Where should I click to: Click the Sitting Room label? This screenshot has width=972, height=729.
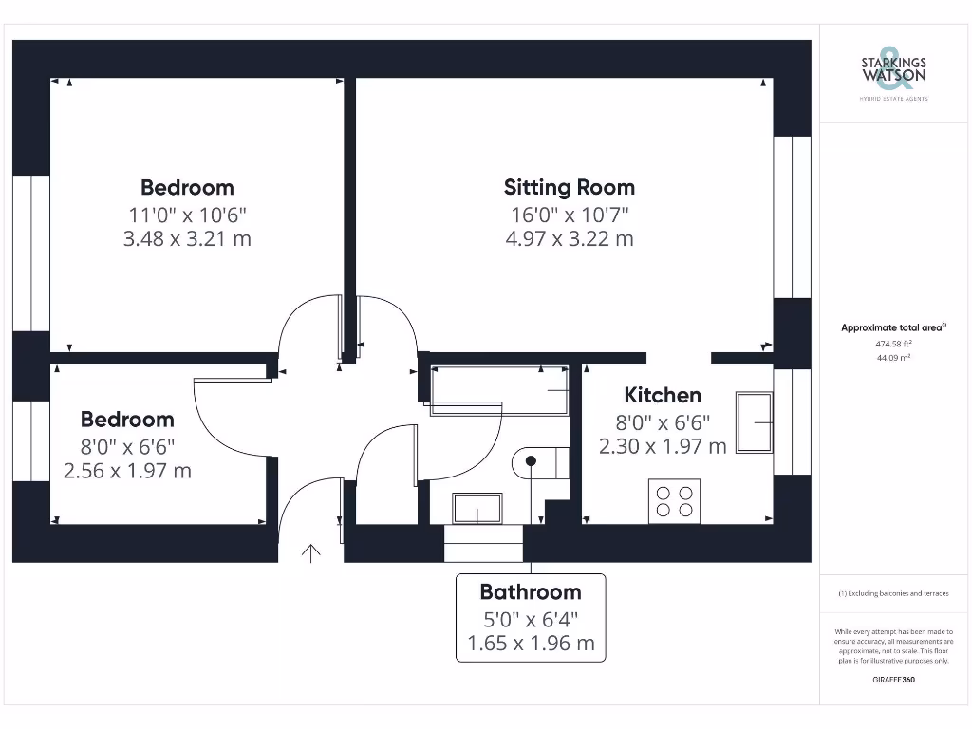point(569,187)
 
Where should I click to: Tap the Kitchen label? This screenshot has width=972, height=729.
point(663,395)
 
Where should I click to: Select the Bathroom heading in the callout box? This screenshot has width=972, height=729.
point(530,592)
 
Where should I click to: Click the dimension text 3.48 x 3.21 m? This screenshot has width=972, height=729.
point(187,238)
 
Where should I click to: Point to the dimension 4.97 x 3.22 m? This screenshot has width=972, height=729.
point(569,238)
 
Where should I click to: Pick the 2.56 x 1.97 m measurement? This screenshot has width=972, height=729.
point(127,470)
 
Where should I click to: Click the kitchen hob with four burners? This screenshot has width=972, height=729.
point(674,501)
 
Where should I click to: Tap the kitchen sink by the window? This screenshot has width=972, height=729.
point(756,422)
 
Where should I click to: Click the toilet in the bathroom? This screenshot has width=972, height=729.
point(538,462)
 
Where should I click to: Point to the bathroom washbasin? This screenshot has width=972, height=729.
point(477,509)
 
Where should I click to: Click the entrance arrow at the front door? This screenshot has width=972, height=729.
point(310,552)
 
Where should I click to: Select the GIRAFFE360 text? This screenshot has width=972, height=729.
point(893,680)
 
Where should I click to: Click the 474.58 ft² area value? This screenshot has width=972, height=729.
point(893,344)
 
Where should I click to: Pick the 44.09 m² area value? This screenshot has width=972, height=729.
point(893,358)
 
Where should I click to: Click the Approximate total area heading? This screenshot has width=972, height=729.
point(893,327)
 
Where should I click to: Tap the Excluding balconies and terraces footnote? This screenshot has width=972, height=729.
point(893,593)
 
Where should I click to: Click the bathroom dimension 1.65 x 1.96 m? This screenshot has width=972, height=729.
point(531,643)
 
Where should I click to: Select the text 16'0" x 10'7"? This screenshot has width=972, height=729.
point(569,214)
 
